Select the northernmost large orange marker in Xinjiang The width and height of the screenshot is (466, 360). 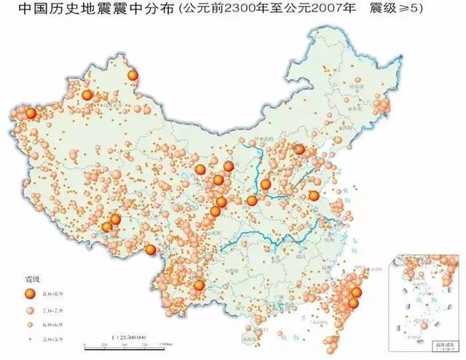point(133,75)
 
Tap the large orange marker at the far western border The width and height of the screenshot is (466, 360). point(30,114)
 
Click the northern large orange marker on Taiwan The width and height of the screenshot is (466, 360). point(355,293)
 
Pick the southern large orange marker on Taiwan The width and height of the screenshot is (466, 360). point(353,302)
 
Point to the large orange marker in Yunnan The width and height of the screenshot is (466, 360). point(198,285)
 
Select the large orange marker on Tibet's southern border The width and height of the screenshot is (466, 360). point(151,251)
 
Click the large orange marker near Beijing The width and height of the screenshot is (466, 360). point(299,149)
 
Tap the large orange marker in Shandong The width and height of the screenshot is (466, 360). point(313,195)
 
